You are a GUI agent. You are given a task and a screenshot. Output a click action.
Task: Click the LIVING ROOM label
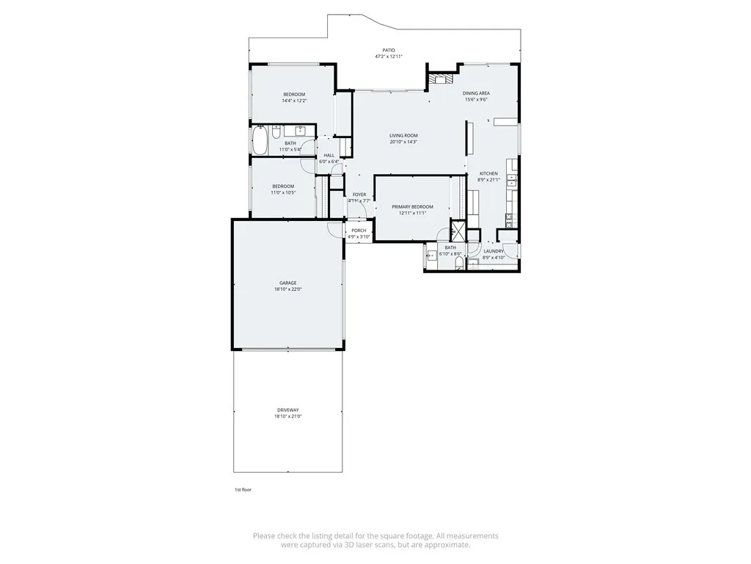[x=403, y=136]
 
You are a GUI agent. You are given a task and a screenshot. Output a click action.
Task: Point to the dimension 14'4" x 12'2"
[x=294, y=101]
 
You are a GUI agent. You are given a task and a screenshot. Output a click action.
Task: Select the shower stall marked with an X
[x=455, y=230]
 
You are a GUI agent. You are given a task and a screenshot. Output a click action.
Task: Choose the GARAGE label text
[x=287, y=283]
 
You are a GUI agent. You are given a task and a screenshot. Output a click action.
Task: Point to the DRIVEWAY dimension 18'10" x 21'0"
[x=287, y=416]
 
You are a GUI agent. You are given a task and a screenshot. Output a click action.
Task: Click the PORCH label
[x=359, y=231]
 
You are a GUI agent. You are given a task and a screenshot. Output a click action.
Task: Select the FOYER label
[x=359, y=195]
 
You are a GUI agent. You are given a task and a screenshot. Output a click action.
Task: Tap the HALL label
[x=329, y=155]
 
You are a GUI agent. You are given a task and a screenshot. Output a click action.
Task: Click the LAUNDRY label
[x=494, y=251]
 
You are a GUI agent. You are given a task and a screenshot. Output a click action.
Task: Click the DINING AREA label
[x=476, y=93]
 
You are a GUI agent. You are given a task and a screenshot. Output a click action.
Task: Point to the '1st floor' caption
[x=243, y=489]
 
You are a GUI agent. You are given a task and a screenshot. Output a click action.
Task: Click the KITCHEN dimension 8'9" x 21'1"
[x=488, y=180]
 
